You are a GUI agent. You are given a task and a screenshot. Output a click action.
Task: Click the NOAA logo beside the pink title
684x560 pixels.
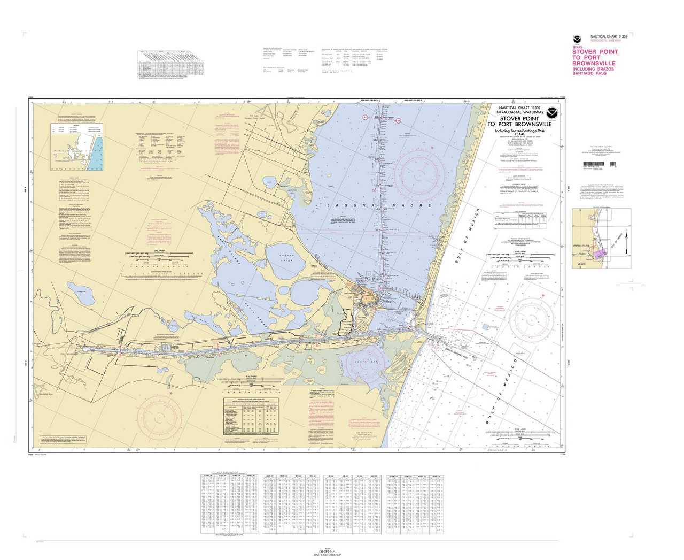click(x=577, y=39)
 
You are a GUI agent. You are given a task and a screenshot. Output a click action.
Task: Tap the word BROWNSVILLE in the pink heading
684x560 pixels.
click(x=594, y=63)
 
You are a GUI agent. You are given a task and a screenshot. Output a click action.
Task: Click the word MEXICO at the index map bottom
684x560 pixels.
click(x=581, y=265)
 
